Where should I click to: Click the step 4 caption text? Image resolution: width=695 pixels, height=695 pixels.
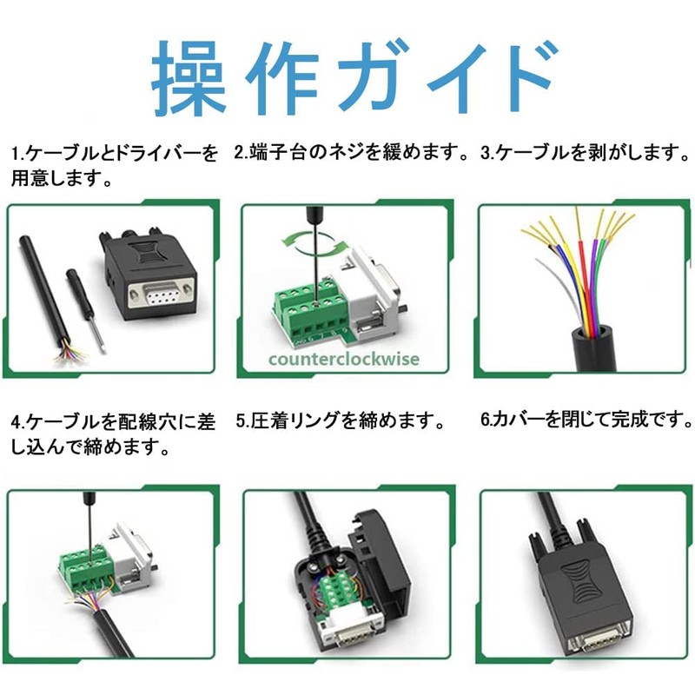coord(113,435)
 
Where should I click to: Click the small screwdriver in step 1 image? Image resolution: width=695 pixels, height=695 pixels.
coord(87,304)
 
